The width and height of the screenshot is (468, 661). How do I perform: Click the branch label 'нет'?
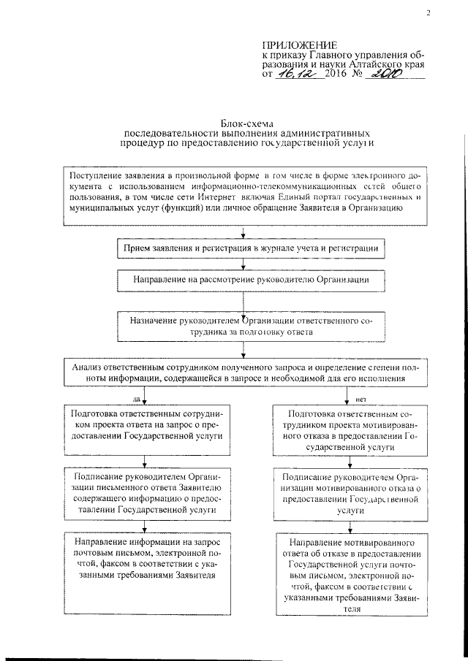361,399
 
